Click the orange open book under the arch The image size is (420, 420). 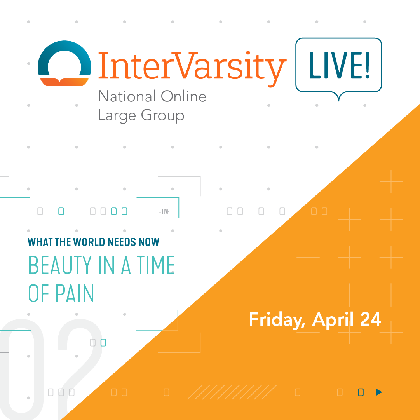coord(64,82)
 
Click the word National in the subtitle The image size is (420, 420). coord(127,96)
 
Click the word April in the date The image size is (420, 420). coord(332,319)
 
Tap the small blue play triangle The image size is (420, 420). coord(379,392)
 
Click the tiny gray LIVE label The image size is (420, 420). coord(165,212)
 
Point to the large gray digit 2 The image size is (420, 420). coord(80,369)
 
